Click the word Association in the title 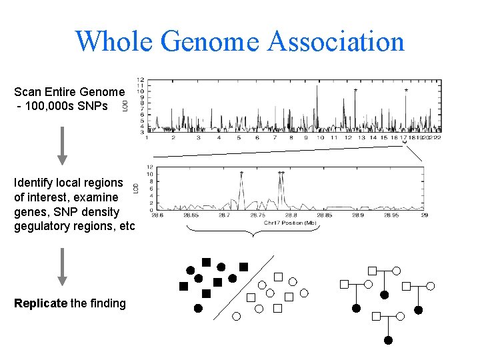[336, 41]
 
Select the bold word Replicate [41, 303]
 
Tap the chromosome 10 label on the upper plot [321, 138]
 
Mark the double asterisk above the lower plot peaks [281, 173]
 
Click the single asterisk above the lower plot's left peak [241, 173]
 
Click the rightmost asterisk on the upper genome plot [406, 90]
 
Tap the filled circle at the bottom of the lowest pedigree [388, 341]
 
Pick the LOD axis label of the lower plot [137, 189]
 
